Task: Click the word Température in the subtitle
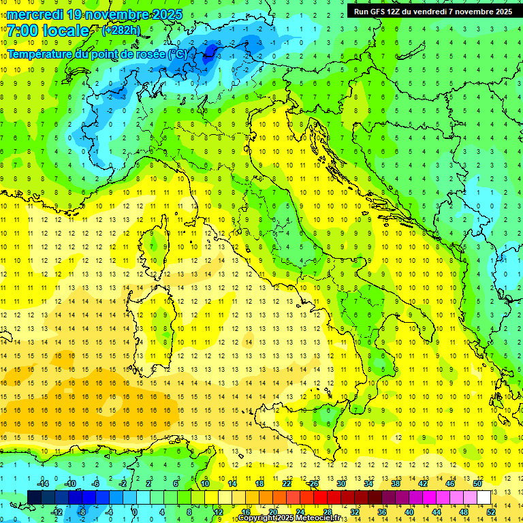(38, 54)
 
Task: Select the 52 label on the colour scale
(490, 512)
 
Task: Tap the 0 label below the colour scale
(136, 512)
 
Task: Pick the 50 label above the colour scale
(477, 483)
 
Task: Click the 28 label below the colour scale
(327, 512)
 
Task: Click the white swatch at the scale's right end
(484, 497)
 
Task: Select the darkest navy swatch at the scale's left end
(35, 497)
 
